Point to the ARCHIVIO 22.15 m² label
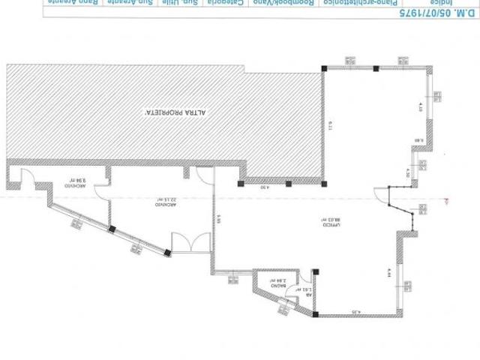[x=159, y=202]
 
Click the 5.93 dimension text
[x=217, y=220]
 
